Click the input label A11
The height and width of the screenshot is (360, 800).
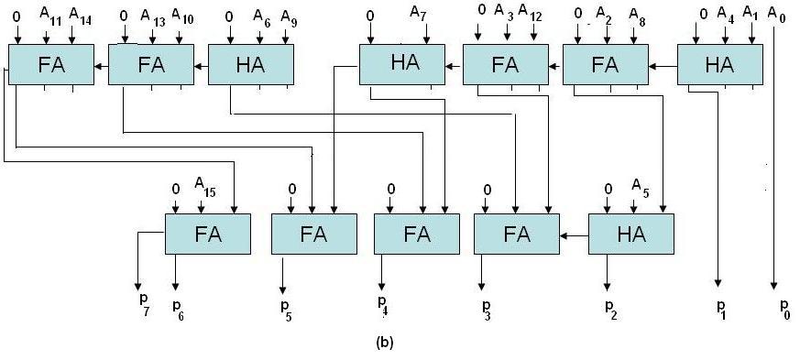coord(49,16)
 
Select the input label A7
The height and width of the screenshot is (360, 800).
coord(418,15)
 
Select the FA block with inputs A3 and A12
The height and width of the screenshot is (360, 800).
coord(504,65)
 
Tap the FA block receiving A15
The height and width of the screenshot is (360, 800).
coord(207,233)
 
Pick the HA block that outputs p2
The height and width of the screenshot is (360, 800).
coord(630,233)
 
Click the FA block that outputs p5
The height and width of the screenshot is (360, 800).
coord(312,233)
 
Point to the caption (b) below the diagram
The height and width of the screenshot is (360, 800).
coord(385,344)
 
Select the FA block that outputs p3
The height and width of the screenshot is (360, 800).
coord(516,233)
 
